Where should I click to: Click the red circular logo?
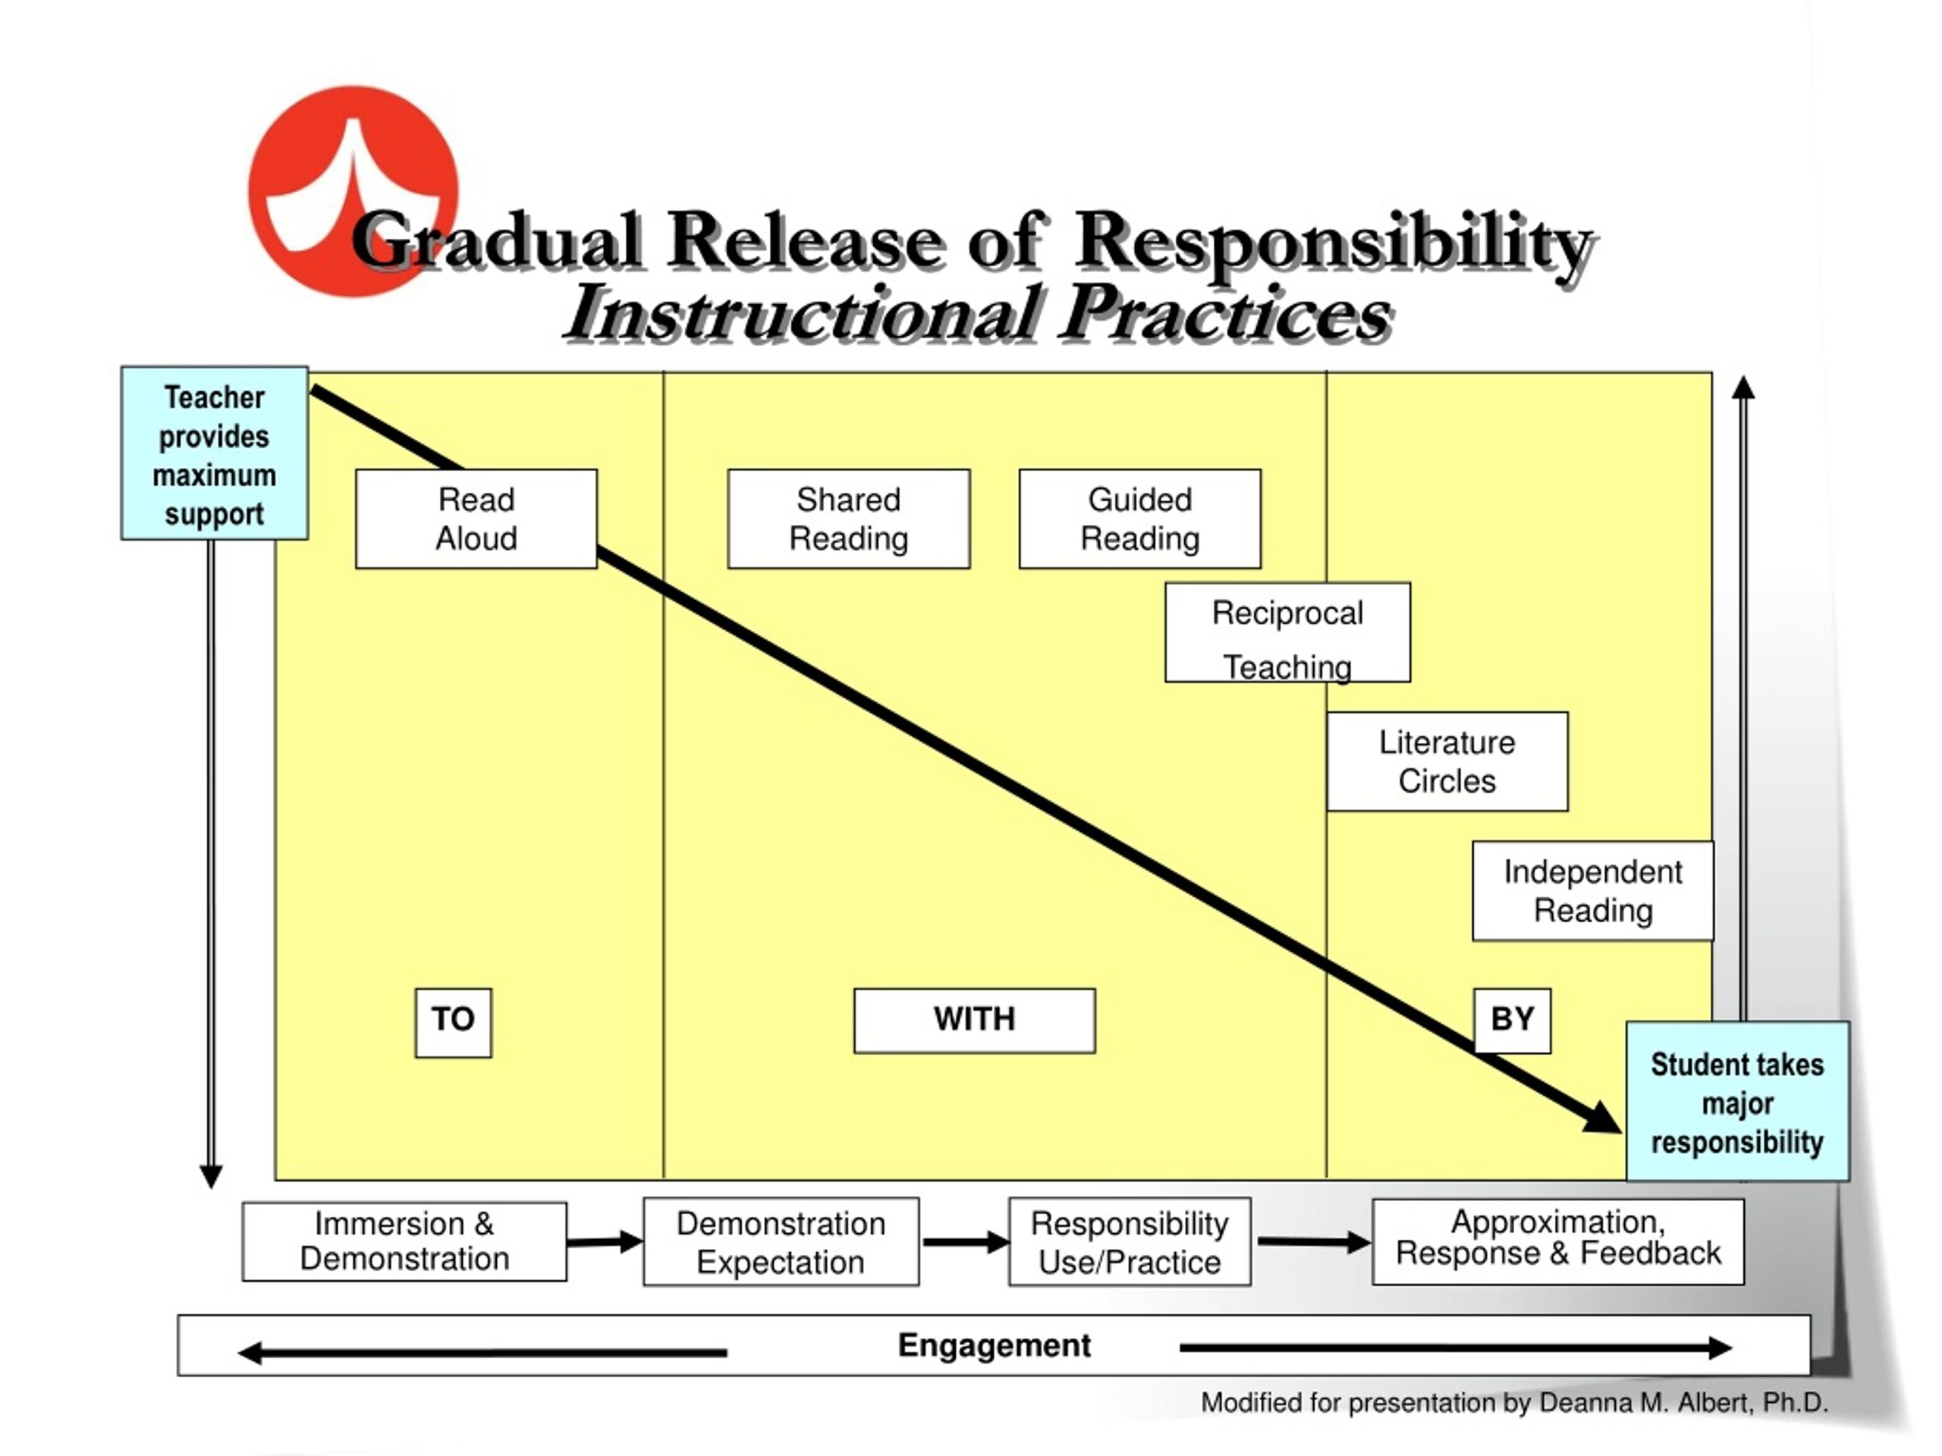pyautogui.click(x=353, y=191)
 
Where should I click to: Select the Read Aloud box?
pyautogui.click(x=476, y=519)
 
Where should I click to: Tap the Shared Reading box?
pyautogui.click(x=848, y=519)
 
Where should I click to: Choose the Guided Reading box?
pyautogui.click(x=1139, y=519)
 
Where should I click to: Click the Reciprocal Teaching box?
pyautogui.click(x=1287, y=632)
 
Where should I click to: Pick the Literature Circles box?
pyautogui.click(x=1447, y=761)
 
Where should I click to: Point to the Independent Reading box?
pyautogui.click(x=1592, y=891)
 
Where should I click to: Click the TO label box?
pyautogui.click(x=453, y=1022)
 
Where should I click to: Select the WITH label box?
pyautogui.click(x=975, y=1021)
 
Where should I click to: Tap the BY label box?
pyautogui.click(x=1512, y=1021)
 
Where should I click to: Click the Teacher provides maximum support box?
pyautogui.click(x=214, y=453)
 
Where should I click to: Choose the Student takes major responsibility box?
pyautogui.click(x=1737, y=1101)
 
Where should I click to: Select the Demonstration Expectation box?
pyautogui.click(x=781, y=1242)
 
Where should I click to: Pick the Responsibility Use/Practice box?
pyautogui.click(x=1130, y=1242)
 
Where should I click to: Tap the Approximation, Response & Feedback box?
pyautogui.click(x=1558, y=1242)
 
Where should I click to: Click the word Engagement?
pyautogui.click(x=994, y=1345)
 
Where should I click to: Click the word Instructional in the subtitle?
pyautogui.click(x=803, y=314)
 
